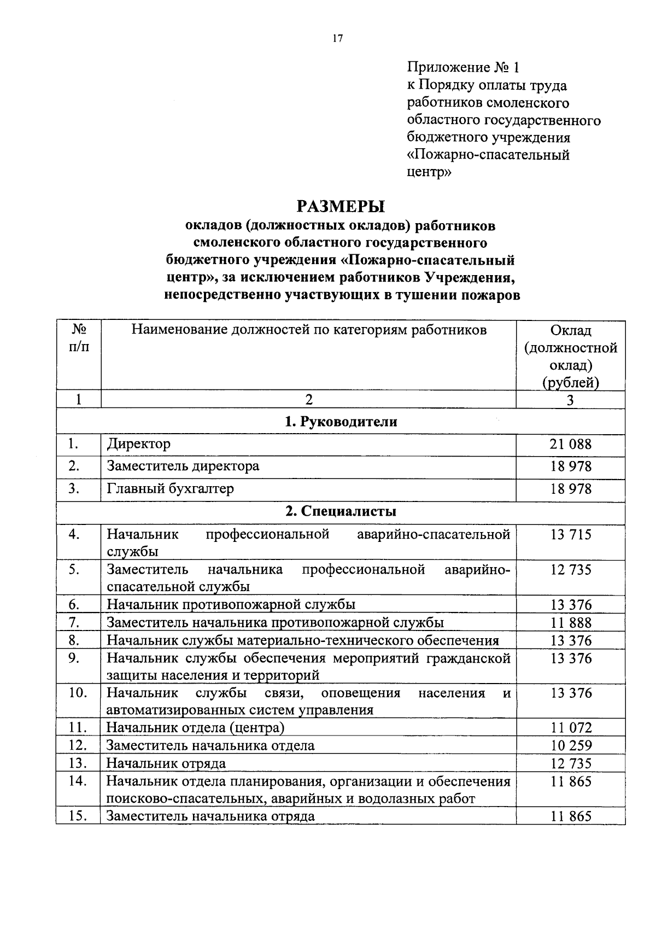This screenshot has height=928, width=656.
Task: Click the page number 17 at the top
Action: coord(337,38)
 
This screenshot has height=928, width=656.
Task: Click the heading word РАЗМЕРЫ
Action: coord(341,206)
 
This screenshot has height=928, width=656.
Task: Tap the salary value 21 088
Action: coord(570,444)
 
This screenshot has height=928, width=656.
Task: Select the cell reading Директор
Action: coord(139,443)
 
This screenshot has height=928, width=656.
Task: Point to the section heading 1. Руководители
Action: coord(341,422)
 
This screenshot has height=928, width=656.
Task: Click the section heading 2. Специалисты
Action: coord(341,511)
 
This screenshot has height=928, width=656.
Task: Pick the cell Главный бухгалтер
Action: coord(170,488)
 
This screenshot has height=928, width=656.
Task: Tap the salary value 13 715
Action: coord(570,534)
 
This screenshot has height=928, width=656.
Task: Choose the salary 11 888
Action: coord(570,622)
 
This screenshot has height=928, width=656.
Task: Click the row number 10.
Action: coord(78,693)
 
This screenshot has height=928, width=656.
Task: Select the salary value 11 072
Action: coord(570,728)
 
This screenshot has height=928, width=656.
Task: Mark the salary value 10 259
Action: coord(570,746)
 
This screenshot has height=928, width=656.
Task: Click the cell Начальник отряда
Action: coord(166,763)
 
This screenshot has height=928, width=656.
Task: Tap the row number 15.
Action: coord(78,816)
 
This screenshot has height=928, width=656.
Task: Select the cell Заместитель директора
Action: coord(183,466)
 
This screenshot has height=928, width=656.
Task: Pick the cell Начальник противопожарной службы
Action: coord(231,604)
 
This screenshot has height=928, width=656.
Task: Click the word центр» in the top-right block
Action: coord(429,172)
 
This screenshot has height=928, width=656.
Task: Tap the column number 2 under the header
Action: coord(309,400)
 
